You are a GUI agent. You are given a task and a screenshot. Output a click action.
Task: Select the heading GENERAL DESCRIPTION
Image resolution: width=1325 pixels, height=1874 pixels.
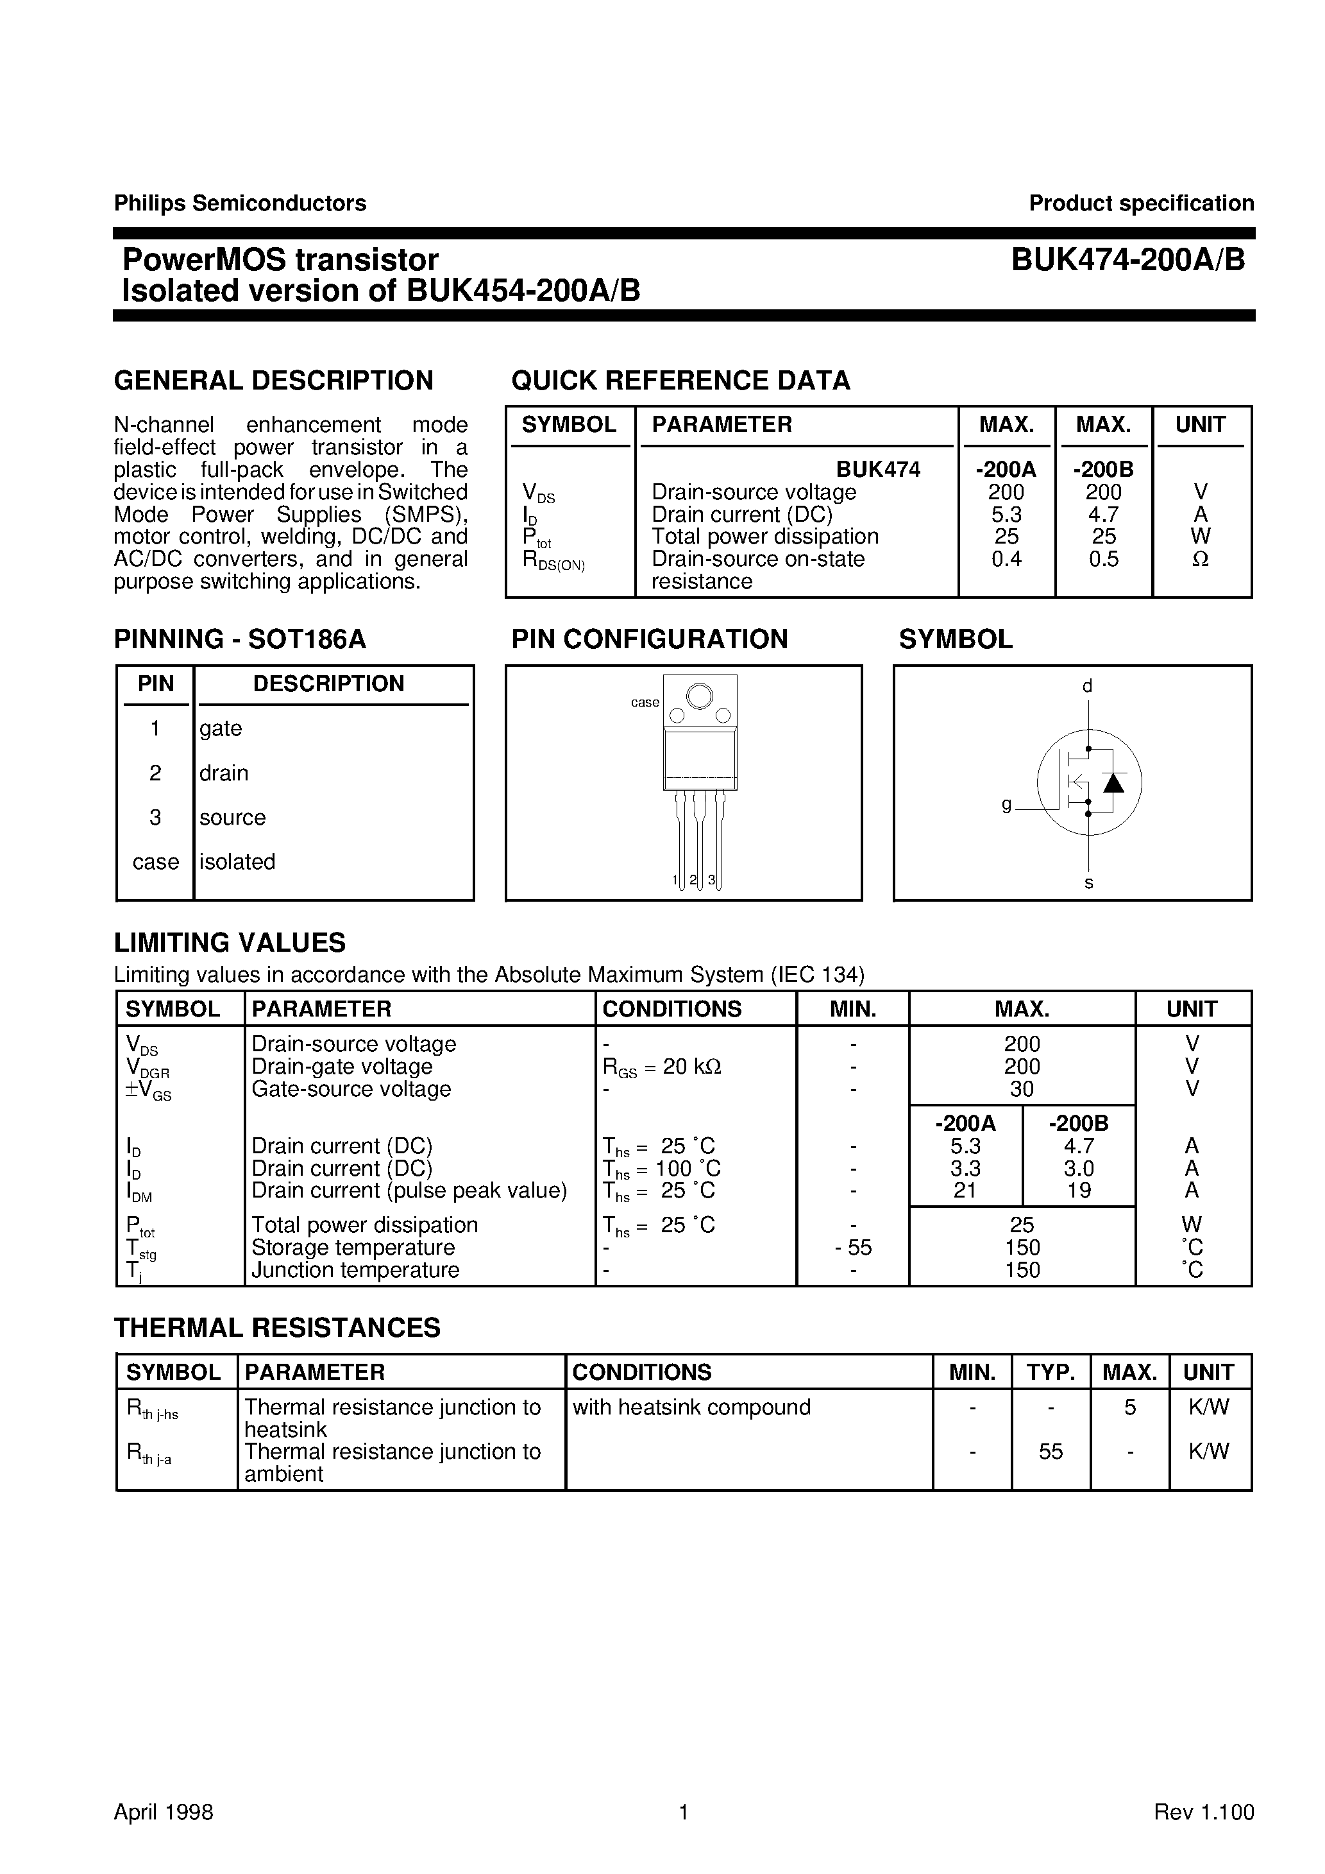tap(273, 381)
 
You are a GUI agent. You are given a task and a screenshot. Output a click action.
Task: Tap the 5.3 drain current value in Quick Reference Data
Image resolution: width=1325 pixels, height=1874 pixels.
tap(1006, 514)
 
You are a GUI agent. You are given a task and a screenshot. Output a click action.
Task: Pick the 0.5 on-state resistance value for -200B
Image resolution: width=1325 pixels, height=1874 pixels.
tap(1103, 559)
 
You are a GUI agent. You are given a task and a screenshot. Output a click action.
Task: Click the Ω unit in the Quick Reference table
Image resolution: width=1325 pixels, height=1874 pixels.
tap(1200, 559)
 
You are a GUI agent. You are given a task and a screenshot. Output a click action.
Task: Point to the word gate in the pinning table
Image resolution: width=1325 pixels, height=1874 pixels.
tap(220, 728)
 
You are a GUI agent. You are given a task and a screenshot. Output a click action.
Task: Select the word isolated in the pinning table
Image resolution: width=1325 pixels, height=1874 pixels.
tap(237, 861)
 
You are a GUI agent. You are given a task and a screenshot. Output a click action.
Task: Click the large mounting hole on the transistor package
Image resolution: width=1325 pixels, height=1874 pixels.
tap(699, 696)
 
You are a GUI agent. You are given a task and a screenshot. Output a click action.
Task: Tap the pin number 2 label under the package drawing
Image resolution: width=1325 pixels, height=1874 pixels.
tap(693, 880)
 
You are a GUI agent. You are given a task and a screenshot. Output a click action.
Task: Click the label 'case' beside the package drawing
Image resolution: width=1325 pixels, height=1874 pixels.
tap(645, 702)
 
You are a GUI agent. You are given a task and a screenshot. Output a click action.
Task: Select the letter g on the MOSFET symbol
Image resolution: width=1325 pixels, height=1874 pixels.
tap(1007, 805)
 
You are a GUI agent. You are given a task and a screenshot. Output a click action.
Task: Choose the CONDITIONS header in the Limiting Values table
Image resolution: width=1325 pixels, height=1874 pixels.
tap(671, 1009)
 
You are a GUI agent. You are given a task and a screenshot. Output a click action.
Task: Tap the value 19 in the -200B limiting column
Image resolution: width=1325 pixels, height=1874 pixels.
tap(1079, 1190)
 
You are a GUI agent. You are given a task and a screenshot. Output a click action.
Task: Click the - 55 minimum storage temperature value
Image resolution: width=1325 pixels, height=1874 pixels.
tap(854, 1247)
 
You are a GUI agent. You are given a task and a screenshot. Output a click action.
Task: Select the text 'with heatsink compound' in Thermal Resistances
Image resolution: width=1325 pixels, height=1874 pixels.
tap(691, 1407)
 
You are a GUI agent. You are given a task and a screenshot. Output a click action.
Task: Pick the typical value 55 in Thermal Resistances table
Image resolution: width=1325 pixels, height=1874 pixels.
tap(1051, 1451)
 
